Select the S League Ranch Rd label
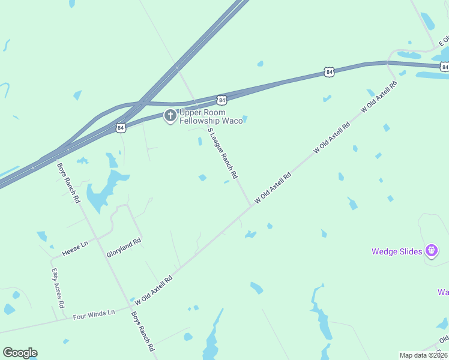[x=223, y=154]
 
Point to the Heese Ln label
[x=76, y=244]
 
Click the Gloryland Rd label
[x=124, y=247]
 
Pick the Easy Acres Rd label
[x=58, y=288]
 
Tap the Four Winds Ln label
[x=94, y=314]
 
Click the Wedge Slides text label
[x=397, y=251]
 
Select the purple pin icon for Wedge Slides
[x=431, y=251]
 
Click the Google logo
[x=20, y=353]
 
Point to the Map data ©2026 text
[x=424, y=355]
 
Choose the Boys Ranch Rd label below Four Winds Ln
[x=143, y=331]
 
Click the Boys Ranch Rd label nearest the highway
[x=68, y=184]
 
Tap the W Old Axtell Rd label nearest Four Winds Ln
[x=154, y=289]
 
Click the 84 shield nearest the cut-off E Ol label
[x=328, y=72]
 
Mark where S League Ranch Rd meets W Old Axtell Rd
[x=251, y=206]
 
